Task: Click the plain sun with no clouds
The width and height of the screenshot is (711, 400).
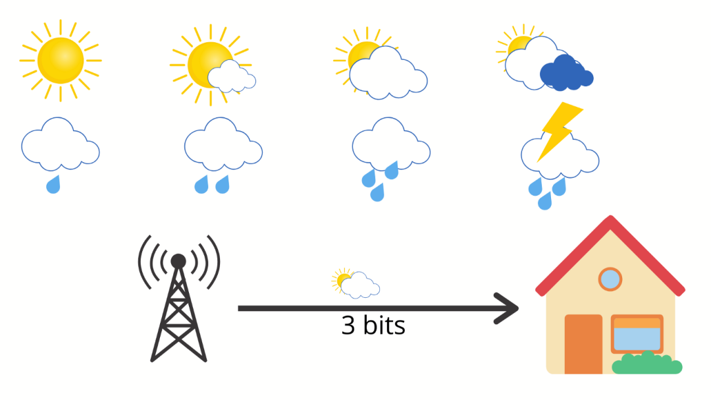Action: tap(61, 61)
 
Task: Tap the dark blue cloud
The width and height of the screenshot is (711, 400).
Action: tap(565, 73)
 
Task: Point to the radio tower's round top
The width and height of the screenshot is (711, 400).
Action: tap(178, 262)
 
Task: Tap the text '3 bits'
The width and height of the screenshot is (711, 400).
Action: tap(373, 326)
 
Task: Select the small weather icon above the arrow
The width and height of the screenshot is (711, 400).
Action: tap(355, 284)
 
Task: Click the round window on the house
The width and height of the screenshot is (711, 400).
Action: tap(610, 279)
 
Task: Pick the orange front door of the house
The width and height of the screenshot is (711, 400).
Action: tap(583, 343)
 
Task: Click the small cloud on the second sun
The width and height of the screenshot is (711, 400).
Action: tap(230, 76)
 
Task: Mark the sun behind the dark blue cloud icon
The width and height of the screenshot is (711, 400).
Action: tap(517, 47)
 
